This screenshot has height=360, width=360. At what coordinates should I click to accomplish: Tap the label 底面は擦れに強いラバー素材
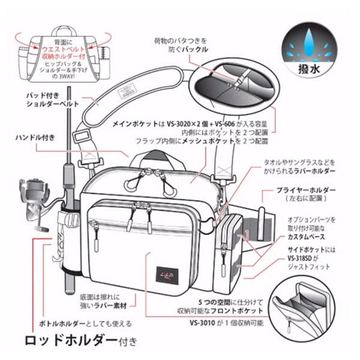pyautogui.click(x=107, y=300)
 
